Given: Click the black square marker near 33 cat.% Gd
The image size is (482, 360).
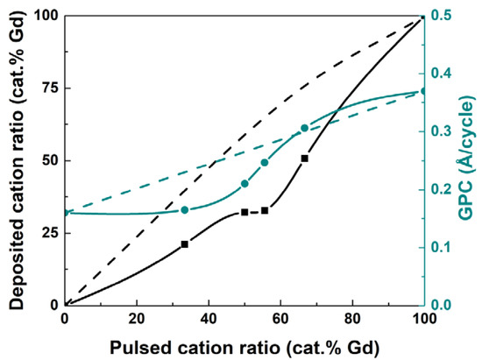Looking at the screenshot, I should [184, 244].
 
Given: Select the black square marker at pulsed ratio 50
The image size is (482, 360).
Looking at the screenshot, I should [245, 212].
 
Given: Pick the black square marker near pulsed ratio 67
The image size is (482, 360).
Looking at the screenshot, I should [304, 159].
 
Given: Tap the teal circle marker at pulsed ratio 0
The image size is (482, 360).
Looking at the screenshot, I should [66, 213].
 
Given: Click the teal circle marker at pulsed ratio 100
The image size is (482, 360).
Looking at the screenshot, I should [424, 91].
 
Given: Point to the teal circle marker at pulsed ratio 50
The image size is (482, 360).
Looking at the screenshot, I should [245, 184].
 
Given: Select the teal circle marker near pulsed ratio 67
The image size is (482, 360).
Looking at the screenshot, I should [304, 128].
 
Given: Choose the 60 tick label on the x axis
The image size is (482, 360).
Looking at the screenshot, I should [280, 319].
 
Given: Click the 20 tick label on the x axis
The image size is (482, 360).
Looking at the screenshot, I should [137, 319].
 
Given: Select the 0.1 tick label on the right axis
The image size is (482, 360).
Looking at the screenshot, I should [443, 248].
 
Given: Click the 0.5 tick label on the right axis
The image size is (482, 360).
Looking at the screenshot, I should [443, 16].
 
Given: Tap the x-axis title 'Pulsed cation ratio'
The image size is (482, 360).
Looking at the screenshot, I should [245, 346].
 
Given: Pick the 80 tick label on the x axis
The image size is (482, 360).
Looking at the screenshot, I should [352, 319].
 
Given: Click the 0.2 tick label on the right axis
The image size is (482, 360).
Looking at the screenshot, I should [443, 190].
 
